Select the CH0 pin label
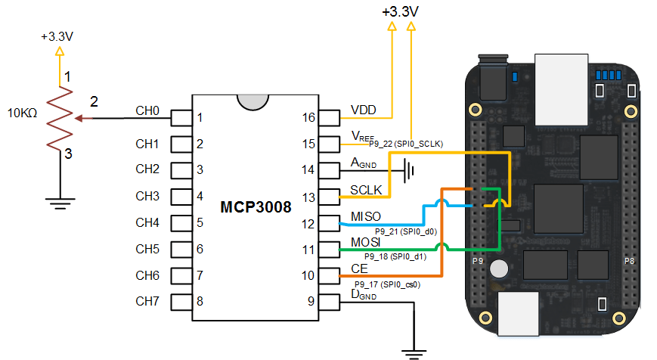pyautogui.click(x=147, y=111)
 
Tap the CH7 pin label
pyautogui.click(x=147, y=301)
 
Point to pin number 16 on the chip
pyautogui.click(x=307, y=117)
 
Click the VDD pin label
pyautogui.click(x=364, y=110)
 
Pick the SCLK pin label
pyautogui.click(x=367, y=190)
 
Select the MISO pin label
pyautogui.click(x=367, y=217)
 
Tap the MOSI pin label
pyautogui.click(x=367, y=243)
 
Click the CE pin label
pyautogui.click(x=360, y=268)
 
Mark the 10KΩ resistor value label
pyautogui.click(x=23, y=114)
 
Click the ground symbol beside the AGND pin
pyautogui.click(x=411, y=170)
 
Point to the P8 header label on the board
pyautogui.click(x=629, y=261)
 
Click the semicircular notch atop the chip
pyautogui.click(x=251, y=101)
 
